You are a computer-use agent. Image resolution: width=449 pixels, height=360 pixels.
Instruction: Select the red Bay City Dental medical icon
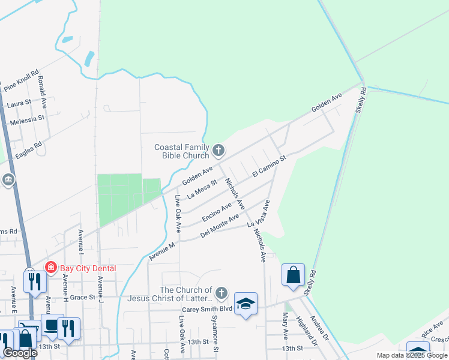point(51,268)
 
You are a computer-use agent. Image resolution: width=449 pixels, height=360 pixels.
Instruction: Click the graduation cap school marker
point(246,304)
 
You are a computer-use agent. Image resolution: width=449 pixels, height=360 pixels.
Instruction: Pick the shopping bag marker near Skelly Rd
point(293,275)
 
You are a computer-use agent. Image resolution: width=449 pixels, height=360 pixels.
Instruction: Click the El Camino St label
point(270,166)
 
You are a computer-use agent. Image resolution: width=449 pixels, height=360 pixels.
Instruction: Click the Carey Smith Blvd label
point(207,310)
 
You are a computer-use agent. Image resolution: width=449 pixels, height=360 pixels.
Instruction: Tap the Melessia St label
point(27,120)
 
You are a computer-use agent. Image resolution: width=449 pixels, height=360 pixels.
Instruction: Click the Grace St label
point(83,297)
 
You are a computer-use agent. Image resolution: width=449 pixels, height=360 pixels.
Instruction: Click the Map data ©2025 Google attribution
point(412,355)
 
